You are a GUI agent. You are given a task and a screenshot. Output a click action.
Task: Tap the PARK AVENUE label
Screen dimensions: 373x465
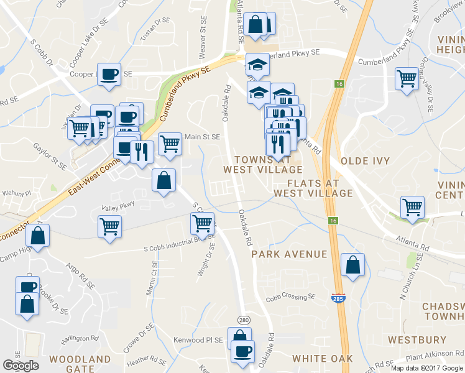[289, 254]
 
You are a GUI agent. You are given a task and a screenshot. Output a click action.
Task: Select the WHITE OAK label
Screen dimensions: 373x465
[322, 359]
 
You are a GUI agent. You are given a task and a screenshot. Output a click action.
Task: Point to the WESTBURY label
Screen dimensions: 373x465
[417, 340]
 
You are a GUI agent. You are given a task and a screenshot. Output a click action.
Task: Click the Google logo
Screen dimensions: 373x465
[21, 365]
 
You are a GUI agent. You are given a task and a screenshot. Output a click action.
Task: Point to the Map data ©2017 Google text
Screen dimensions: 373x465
[427, 368]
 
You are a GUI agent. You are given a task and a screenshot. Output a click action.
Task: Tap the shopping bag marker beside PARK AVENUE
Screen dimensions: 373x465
[352, 265]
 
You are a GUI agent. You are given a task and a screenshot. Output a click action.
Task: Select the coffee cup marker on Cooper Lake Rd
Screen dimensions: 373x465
[109, 74]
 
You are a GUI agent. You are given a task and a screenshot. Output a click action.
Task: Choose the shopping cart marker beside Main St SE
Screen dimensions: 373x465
[170, 144]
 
